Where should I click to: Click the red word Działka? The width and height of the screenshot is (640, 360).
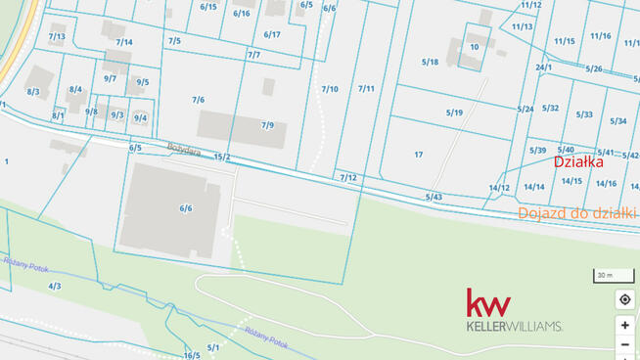click(578, 162)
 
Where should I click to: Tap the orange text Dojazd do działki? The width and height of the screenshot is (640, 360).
click(576, 212)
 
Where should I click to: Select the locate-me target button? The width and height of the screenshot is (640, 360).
click(624, 299)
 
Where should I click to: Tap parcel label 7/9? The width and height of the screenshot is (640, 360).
click(267, 125)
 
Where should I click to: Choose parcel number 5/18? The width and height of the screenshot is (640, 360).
click(430, 62)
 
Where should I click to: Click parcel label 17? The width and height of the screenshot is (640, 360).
click(418, 155)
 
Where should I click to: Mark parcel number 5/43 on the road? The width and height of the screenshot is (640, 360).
click(434, 197)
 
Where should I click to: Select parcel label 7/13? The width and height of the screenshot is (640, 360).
click(57, 37)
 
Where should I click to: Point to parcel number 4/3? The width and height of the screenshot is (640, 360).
click(54, 286)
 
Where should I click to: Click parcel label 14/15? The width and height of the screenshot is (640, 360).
click(571, 180)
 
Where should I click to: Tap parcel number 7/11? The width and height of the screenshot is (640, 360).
click(366, 89)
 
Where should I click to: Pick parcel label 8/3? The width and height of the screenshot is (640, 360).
click(33, 91)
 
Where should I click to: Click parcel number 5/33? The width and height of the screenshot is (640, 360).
click(584, 114)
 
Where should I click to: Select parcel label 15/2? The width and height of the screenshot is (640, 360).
click(222, 157)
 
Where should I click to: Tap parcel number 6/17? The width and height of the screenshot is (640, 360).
click(272, 34)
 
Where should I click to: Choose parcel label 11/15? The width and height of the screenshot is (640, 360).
click(565, 41)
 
